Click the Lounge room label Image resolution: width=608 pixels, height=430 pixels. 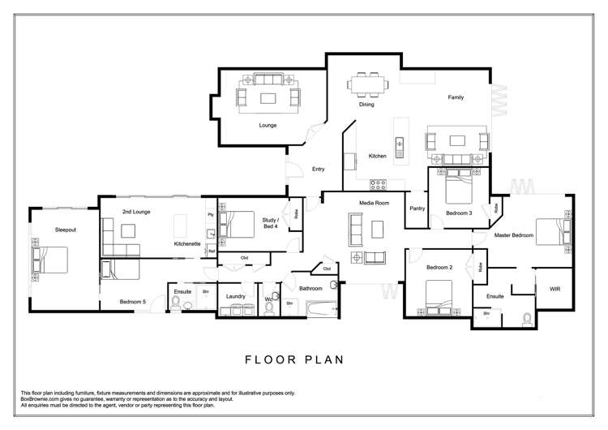point(268,126)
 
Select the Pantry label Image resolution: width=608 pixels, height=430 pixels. point(417,208)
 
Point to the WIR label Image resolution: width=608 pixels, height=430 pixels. point(555,288)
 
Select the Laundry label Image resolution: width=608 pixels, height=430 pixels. point(236,296)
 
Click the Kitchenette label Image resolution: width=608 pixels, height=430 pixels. point(187,243)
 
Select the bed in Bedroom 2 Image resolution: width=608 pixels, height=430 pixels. point(434,295)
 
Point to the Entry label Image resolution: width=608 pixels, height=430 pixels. point(319,169)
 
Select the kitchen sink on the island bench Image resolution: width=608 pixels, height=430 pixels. point(399,147)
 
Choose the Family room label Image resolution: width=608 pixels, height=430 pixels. point(456,97)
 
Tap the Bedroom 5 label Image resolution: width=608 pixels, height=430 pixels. point(132,302)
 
